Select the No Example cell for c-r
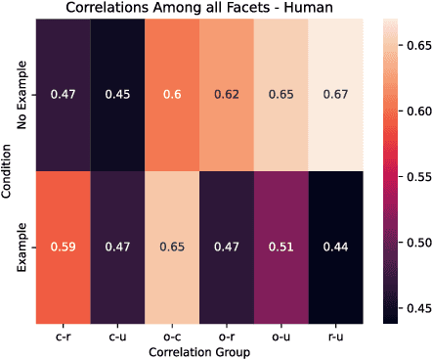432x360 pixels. click(x=62, y=95)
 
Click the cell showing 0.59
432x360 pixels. click(x=62, y=247)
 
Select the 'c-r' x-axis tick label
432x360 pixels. click(x=62, y=337)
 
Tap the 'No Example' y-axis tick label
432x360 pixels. click(x=22, y=95)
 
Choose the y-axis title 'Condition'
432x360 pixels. click(x=7, y=171)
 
